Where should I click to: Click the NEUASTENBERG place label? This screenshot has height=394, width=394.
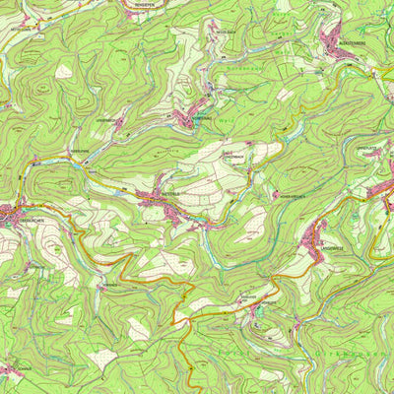point(351,43)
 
